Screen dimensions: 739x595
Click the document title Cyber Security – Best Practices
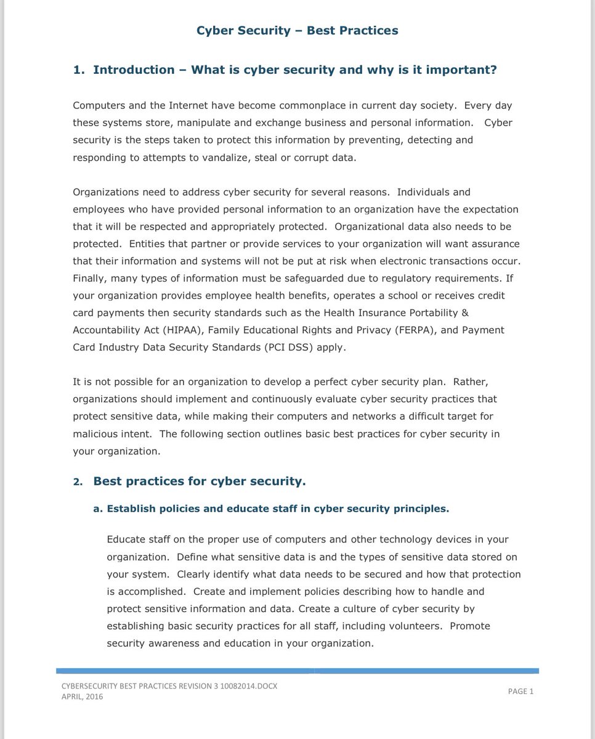297,30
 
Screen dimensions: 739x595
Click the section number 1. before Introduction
79,70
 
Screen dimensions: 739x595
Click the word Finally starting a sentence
91,278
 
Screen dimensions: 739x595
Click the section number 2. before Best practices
78,482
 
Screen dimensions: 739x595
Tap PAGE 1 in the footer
520,691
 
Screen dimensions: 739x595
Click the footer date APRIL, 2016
83,697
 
